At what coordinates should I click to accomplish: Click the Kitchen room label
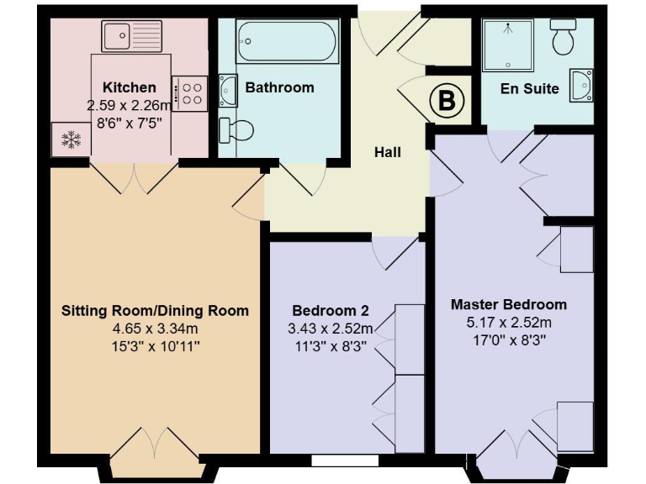point(129,87)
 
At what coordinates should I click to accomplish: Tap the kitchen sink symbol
point(131,36)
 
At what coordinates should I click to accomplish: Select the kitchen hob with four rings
point(190,92)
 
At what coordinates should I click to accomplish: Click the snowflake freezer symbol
point(71,139)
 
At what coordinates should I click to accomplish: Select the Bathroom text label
point(279,87)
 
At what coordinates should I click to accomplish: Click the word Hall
point(388,153)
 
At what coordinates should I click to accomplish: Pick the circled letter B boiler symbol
point(447,102)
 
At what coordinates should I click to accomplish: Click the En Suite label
point(529,88)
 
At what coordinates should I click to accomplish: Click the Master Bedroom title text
point(508,304)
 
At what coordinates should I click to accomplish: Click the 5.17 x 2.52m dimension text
point(508,323)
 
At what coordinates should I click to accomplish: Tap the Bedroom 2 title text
point(330,309)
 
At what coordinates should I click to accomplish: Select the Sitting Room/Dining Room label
point(155,311)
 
